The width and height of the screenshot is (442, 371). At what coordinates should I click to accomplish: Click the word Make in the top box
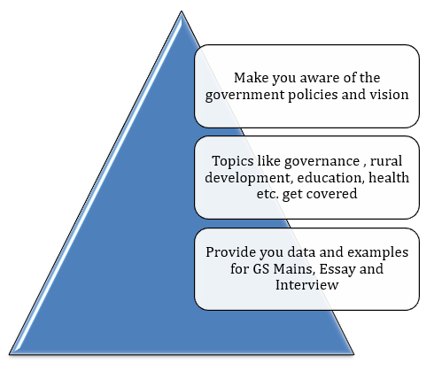[251, 78]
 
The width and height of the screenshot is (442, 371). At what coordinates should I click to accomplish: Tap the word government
[244, 96]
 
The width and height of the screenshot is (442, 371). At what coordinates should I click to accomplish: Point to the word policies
[313, 96]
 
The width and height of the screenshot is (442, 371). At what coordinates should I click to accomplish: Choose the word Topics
[232, 162]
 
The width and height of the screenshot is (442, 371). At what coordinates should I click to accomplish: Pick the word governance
[322, 162]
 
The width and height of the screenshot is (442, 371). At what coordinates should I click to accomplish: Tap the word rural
[386, 161]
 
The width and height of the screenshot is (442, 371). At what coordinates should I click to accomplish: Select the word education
[330, 178]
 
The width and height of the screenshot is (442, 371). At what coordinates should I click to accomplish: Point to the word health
[389, 178]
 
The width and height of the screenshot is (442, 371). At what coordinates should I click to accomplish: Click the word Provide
[231, 252]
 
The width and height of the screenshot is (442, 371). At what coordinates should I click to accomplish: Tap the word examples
[377, 253]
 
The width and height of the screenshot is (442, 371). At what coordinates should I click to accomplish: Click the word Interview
[306, 285]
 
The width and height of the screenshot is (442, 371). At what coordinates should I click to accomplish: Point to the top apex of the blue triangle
[182, 11]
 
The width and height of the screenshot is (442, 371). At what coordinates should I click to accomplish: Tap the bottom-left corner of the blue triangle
[10, 354]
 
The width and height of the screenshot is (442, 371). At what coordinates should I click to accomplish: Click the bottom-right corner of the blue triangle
[353, 354]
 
